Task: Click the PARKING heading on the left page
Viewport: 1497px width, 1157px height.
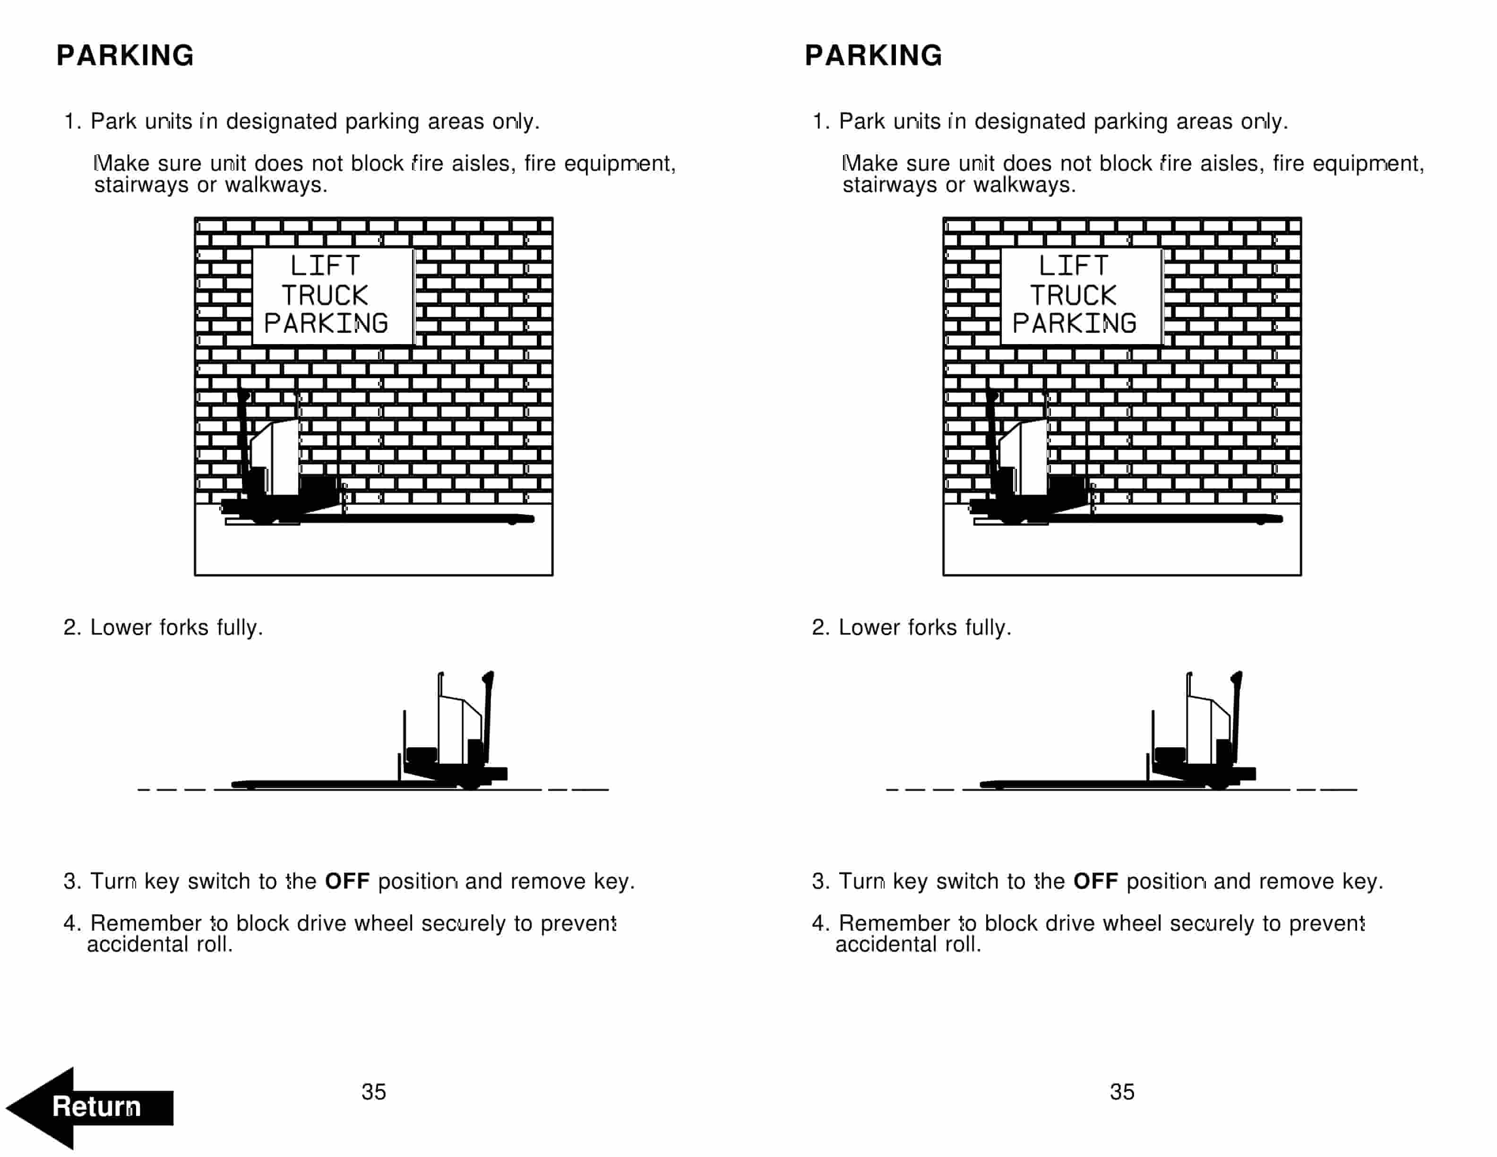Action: click(125, 55)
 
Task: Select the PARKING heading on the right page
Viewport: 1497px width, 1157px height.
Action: click(873, 55)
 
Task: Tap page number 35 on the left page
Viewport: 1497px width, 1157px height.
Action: click(374, 1092)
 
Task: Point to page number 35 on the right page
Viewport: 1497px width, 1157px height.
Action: click(1122, 1092)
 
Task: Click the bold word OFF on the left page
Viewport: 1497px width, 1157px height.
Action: click(347, 881)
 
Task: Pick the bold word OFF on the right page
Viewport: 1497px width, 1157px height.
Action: click(1095, 881)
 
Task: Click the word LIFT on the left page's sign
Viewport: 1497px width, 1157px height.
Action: click(325, 266)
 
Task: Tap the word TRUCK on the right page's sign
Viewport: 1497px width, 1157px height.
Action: click(1074, 295)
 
